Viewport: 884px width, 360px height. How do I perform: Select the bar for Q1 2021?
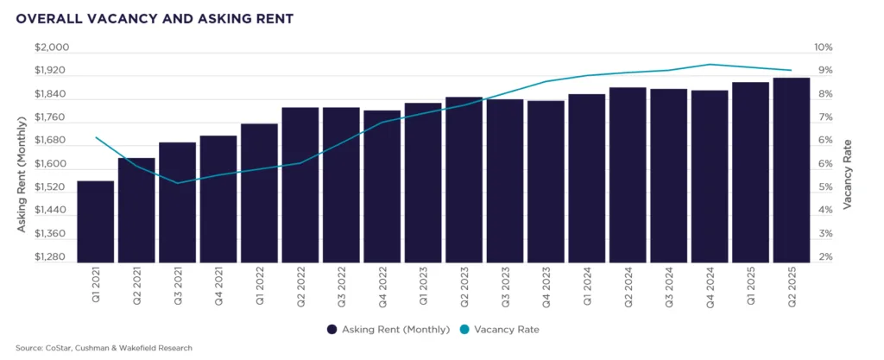click(x=95, y=222)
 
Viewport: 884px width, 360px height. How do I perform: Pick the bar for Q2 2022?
click(x=300, y=185)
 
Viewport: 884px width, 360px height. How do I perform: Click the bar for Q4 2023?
click(x=546, y=181)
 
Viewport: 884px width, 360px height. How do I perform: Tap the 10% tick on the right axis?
click(x=824, y=47)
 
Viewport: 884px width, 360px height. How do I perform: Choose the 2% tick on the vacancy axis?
click(x=825, y=257)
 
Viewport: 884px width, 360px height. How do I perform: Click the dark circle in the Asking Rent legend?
click(x=332, y=329)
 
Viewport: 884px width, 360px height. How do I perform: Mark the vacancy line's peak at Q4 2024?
click(x=709, y=64)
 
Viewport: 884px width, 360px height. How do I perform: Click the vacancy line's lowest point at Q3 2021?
click(x=177, y=183)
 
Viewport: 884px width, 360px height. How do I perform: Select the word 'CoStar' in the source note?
click(x=55, y=348)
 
